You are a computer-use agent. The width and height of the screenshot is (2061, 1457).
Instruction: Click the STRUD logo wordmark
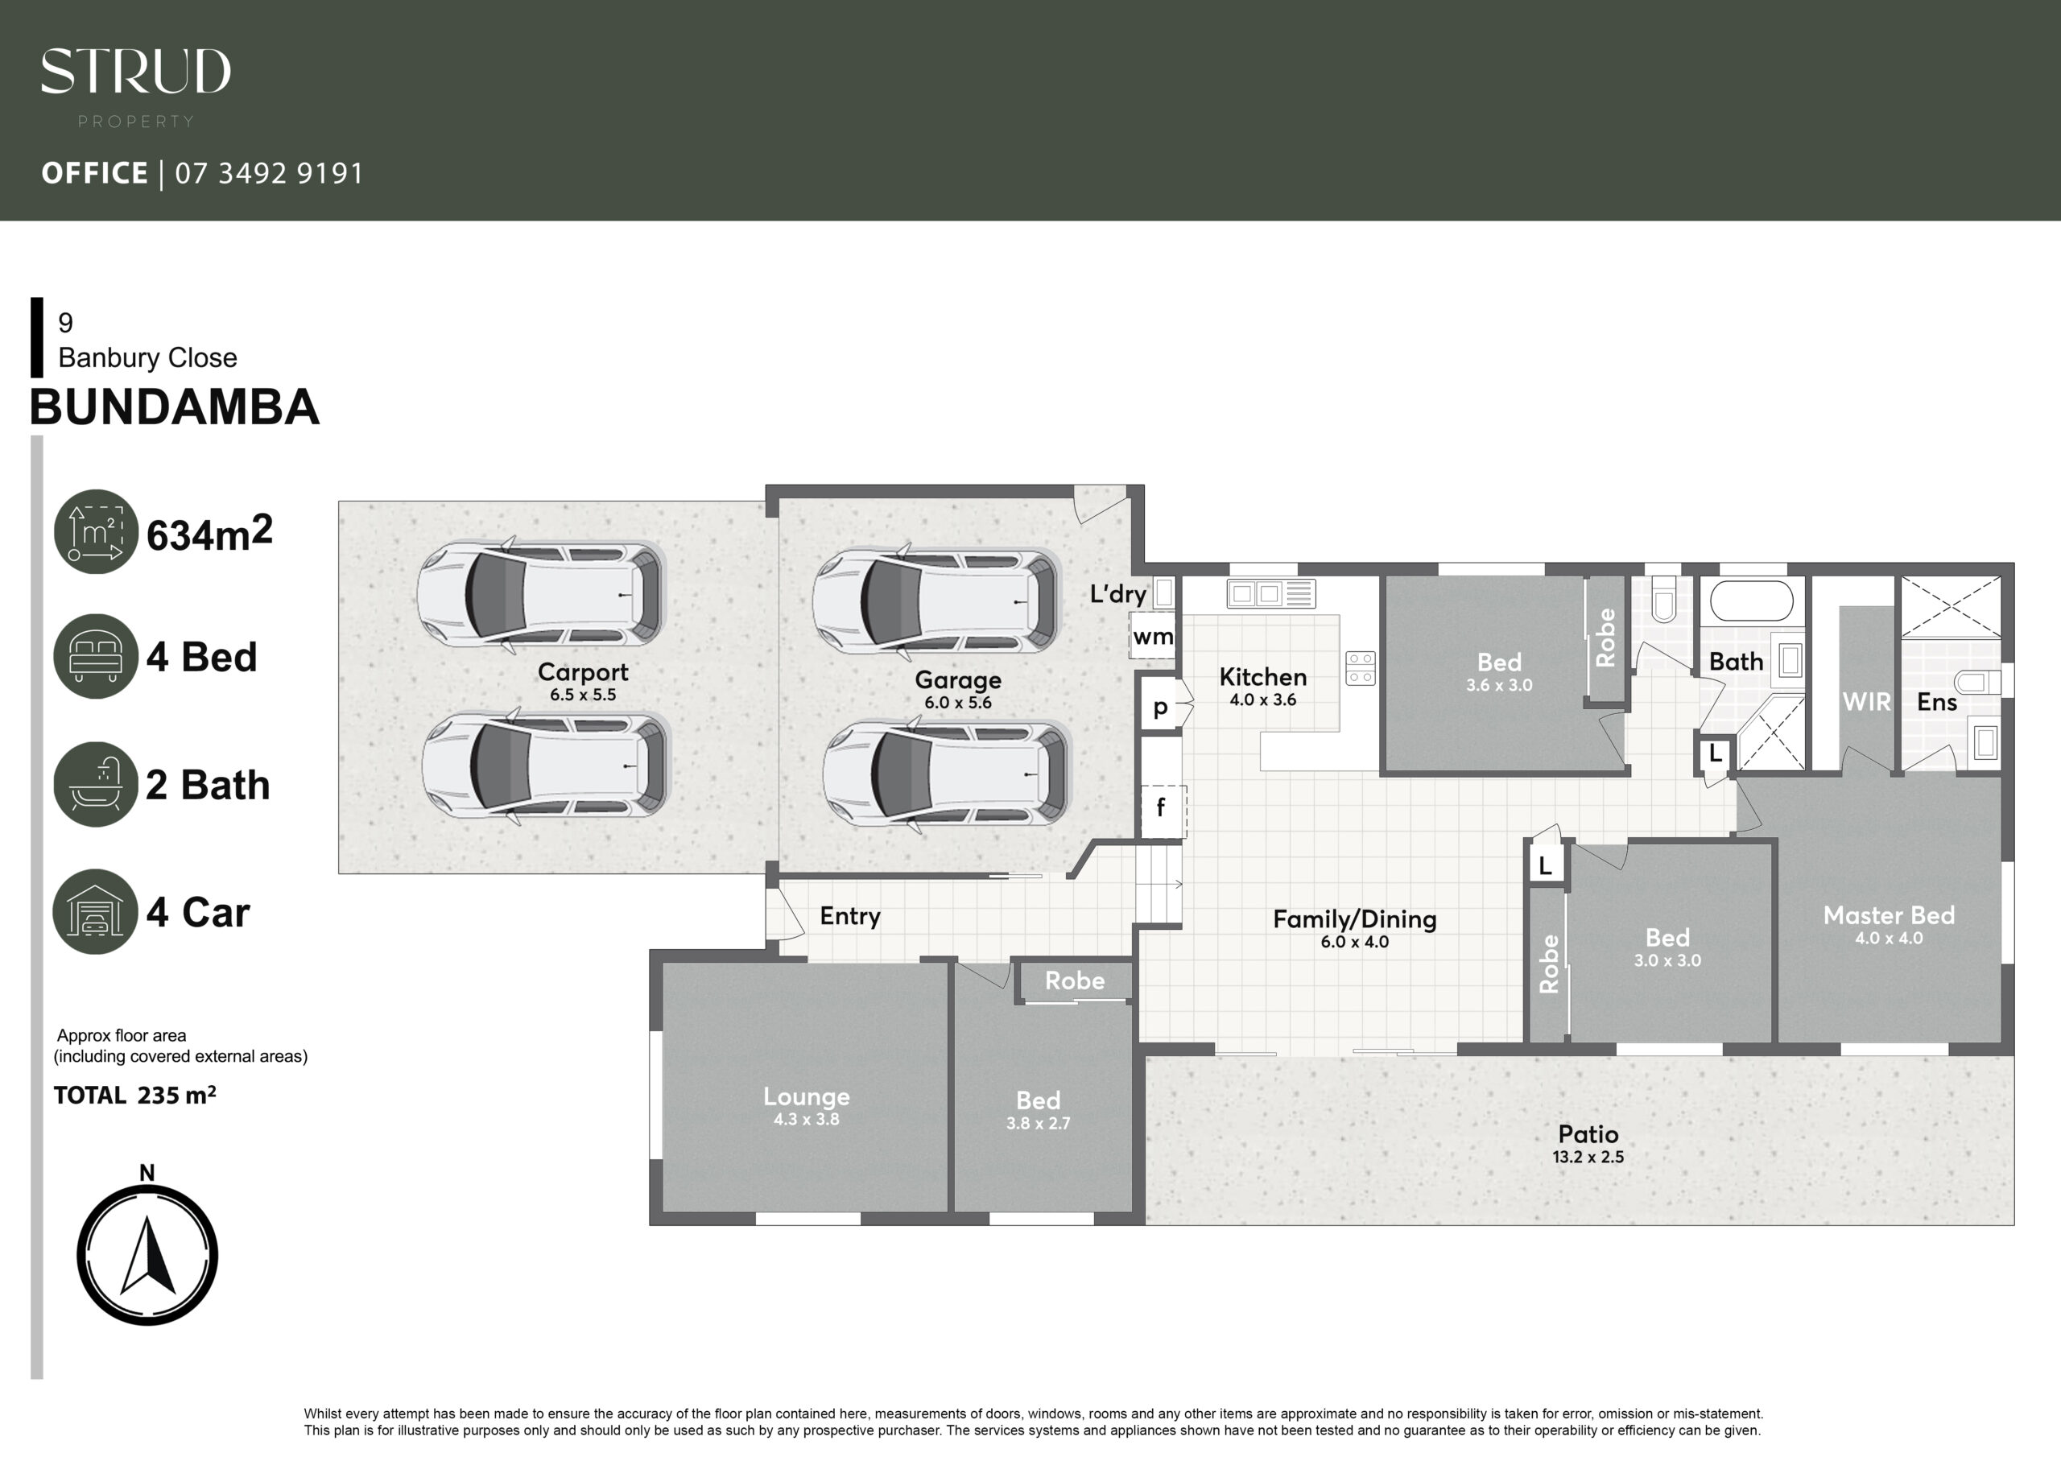click(135, 71)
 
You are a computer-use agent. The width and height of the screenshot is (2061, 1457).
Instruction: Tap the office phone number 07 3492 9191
click(269, 173)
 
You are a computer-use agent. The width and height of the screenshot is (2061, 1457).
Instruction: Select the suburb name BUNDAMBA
click(174, 407)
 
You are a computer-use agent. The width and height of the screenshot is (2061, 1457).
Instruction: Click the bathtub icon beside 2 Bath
click(96, 784)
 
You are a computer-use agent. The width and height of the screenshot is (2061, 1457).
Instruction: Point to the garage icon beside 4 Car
click(96, 911)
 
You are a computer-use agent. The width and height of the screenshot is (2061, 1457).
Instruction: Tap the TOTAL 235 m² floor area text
click(134, 1096)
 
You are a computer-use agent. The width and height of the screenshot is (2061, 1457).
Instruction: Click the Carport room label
click(583, 671)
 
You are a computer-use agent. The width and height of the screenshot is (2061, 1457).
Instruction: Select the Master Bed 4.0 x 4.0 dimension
click(1889, 938)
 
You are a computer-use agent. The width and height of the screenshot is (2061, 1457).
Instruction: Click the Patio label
click(1588, 1134)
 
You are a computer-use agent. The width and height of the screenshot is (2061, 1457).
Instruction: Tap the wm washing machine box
click(1153, 636)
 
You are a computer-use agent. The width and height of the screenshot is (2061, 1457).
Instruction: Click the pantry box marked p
click(1161, 707)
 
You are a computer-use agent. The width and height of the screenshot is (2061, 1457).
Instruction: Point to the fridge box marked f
click(1162, 810)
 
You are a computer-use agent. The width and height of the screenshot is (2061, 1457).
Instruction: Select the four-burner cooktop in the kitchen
click(1361, 668)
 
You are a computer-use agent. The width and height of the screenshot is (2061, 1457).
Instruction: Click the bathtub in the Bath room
click(1751, 601)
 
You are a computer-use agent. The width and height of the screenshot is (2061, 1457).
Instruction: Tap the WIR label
click(1866, 702)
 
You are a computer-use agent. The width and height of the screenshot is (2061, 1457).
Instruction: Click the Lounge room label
click(806, 1096)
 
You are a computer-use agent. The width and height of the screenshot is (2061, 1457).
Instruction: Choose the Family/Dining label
click(1355, 919)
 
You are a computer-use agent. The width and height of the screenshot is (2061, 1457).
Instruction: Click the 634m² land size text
click(209, 533)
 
